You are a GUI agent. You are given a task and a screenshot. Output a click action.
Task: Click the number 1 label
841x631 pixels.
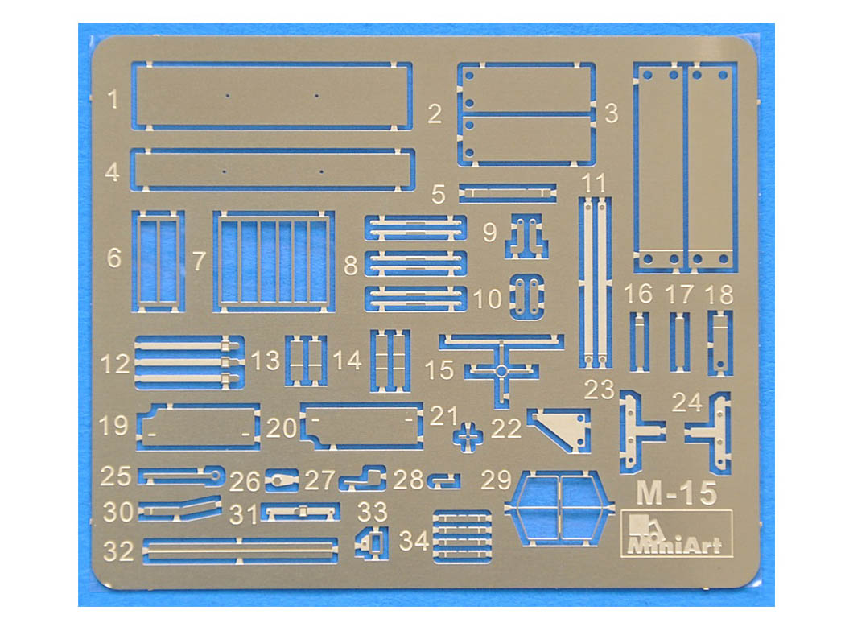113,99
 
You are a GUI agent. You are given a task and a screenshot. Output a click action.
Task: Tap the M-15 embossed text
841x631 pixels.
676,493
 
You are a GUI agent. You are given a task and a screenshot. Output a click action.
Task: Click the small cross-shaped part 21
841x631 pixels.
468,435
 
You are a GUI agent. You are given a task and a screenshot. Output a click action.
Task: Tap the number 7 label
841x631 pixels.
199,262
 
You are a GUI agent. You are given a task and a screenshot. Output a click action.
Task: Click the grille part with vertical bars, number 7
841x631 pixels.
274,262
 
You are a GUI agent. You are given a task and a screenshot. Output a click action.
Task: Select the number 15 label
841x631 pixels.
439,370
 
